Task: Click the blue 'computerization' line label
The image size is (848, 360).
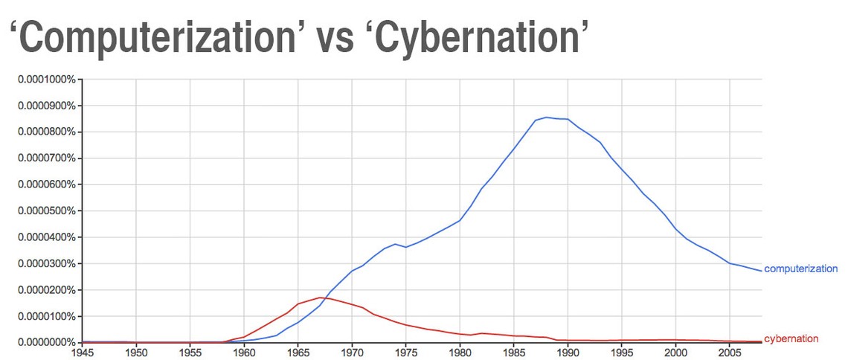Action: (800, 269)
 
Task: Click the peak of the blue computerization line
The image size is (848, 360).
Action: (546, 118)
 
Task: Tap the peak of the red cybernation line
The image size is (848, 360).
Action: (320, 298)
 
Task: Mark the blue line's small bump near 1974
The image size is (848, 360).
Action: (395, 244)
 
